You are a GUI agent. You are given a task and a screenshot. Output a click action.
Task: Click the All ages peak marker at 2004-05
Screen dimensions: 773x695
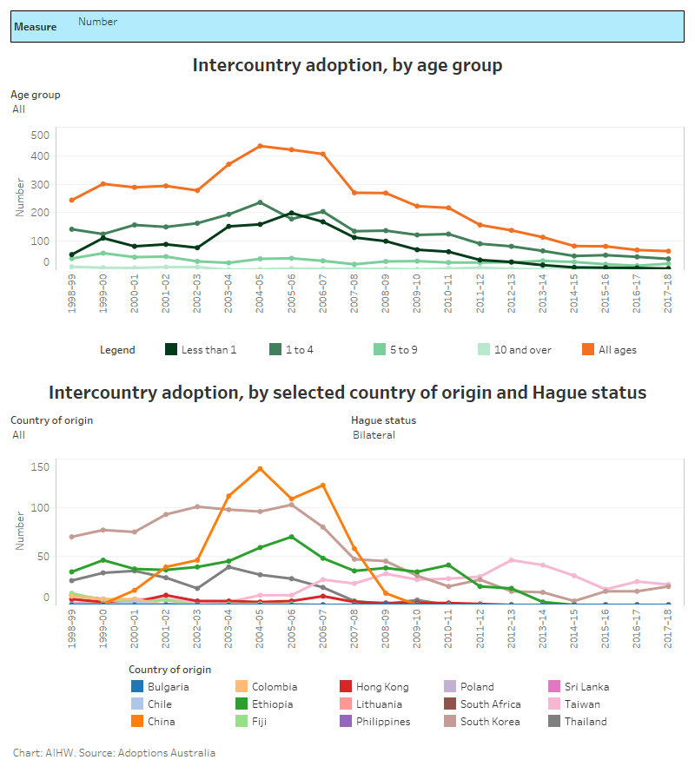(x=259, y=146)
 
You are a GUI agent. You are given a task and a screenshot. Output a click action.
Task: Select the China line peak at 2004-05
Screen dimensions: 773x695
(x=259, y=469)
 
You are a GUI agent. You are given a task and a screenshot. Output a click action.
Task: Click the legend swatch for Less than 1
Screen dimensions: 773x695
(x=172, y=350)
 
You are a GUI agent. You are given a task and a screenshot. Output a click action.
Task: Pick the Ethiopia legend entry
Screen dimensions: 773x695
(x=273, y=704)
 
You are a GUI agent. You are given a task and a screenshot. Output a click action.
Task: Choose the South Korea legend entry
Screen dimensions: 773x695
(x=490, y=722)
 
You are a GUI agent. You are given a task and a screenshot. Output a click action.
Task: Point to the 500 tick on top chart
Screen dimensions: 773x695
(x=39, y=135)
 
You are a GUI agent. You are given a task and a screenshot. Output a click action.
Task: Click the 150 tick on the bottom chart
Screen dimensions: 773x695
(x=39, y=467)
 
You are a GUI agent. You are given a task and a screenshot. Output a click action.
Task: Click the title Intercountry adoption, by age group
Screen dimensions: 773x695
(x=347, y=65)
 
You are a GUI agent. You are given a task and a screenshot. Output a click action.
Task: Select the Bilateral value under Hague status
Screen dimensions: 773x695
(x=374, y=435)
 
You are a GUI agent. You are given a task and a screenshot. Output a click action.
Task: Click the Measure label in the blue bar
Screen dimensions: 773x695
(x=35, y=27)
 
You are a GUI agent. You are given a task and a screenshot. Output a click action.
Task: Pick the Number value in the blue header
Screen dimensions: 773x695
(x=97, y=22)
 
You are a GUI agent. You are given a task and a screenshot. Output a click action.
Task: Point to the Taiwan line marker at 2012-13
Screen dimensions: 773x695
(x=511, y=560)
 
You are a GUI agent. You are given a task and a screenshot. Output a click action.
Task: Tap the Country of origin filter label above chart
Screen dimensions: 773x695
(x=51, y=420)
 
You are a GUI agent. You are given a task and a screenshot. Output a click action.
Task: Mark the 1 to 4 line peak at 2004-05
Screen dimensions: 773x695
(x=259, y=202)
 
